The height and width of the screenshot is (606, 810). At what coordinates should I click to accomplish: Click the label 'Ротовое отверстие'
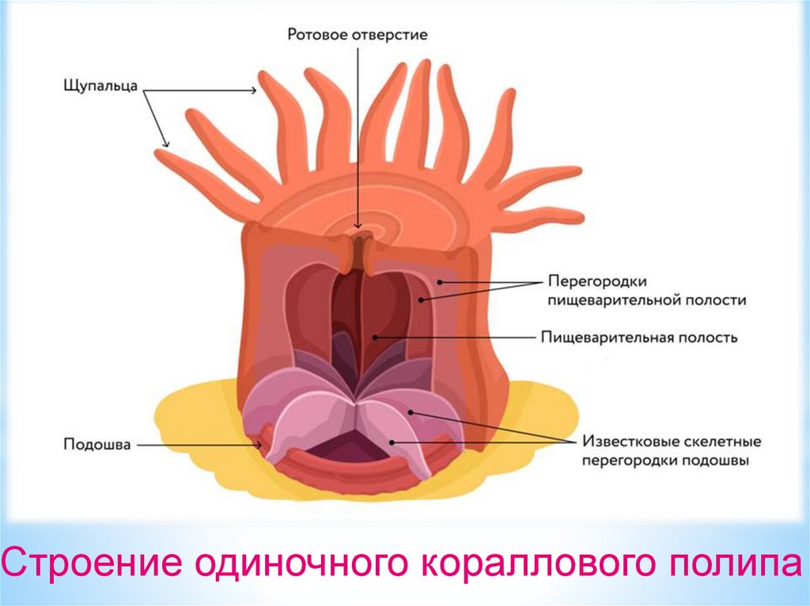(x=358, y=35)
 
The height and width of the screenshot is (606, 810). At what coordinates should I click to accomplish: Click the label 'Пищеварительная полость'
(x=639, y=337)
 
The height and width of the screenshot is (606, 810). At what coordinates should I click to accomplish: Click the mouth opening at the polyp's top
(x=358, y=237)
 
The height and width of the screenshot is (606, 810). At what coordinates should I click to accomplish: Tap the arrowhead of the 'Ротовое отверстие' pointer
(x=358, y=227)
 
